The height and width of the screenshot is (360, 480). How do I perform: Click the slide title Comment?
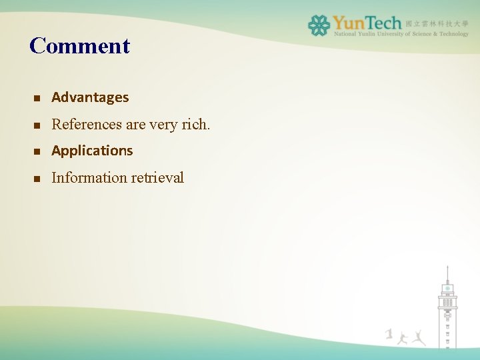pyautogui.click(x=79, y=46)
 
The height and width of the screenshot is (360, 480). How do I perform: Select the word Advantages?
pyautogui.click(x=90, y=97)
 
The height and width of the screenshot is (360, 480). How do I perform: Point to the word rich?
pyautogui.click(x=195, y=124)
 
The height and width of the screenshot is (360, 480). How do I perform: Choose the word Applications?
pyautogui.click(x=92, y=151)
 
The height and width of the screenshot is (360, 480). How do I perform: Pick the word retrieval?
pyautogui.click(x=157, y=177)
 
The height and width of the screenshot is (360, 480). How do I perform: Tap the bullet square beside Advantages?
pyautogui.click(x=37, y=98)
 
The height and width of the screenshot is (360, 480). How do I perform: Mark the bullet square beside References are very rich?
pyautogui.click(x=37, y=125)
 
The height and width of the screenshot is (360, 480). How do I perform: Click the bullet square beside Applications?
pyautogui.click(x=37, y=151)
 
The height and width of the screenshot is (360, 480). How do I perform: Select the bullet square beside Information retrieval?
pyautogui.click(x=37, y=178)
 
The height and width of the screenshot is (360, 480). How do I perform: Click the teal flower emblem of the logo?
pyautogui.click(x=319, y=25)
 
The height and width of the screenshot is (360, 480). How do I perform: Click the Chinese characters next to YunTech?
pyautogui.click(x=437, y=23)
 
